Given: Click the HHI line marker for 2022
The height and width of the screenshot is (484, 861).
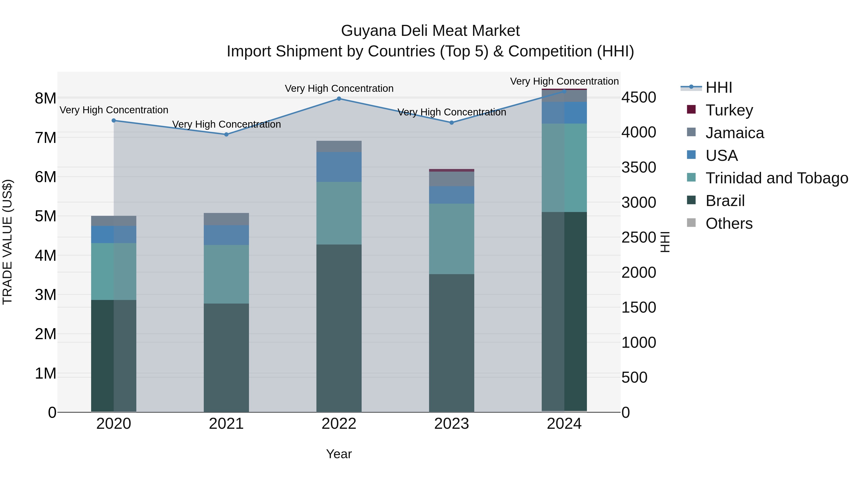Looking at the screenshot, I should click(339, 98).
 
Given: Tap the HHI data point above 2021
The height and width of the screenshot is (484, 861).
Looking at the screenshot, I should click(226, 135).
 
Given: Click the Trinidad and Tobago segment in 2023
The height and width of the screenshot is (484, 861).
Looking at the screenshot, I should click(452, 239).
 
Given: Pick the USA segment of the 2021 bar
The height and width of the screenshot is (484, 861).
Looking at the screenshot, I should click(226, 235).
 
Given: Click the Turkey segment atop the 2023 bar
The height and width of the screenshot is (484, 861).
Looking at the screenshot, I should click(452, 170).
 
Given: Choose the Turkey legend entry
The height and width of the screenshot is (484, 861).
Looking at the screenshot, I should click(729, 110).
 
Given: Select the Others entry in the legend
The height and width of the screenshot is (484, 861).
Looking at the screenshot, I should click(729, 223).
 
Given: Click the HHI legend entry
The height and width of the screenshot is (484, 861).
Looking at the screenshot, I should click(719, 87).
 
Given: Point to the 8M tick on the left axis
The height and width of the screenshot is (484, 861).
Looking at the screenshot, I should click(45, 98).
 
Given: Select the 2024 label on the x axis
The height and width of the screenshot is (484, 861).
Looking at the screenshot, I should click(564, 424).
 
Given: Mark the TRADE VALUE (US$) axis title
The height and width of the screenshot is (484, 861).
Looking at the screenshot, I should click(7, 242).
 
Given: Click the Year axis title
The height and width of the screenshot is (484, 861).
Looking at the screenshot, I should click(339, 454).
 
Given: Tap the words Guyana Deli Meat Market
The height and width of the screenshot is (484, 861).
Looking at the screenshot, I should click(430, 31).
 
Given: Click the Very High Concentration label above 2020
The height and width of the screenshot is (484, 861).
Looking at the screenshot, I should click(114, 110).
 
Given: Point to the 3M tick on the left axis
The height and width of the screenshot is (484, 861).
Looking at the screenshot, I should click(45, 295).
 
